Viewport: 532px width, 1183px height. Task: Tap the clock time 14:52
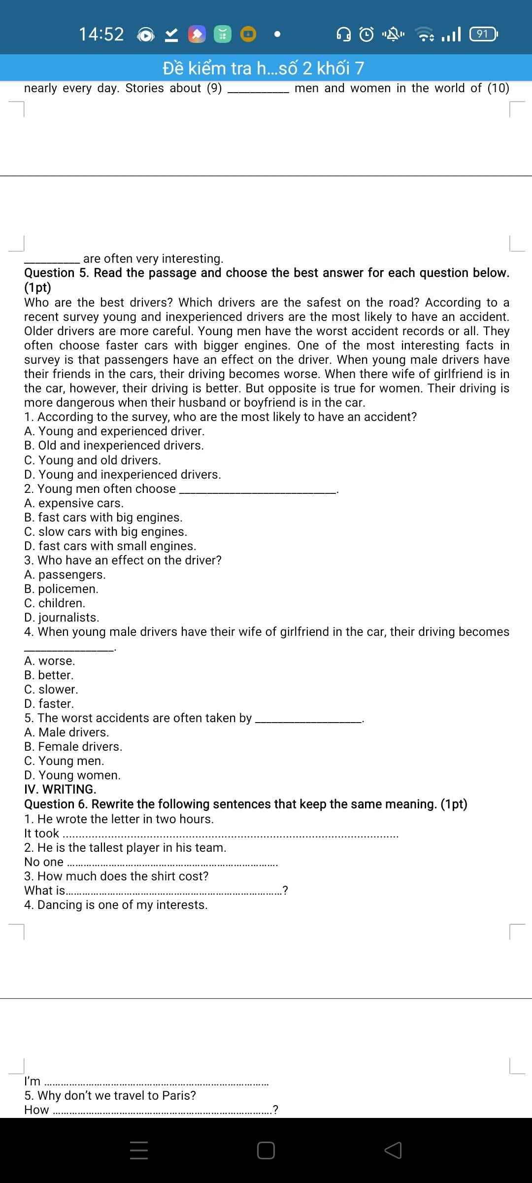coord(101,34)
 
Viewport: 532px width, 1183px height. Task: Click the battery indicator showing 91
coord(483,34)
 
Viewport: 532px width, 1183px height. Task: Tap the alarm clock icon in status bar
coord(366,34)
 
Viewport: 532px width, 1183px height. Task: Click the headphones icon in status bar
coord(343,34)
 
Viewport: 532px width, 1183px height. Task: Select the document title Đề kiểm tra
coord(264,68)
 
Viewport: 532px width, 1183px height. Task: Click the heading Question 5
coord(266,273)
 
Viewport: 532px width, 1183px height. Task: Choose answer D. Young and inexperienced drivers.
coord(123,475)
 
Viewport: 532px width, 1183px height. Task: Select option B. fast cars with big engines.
coord(103,518)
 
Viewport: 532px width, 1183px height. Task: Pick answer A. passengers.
coord(65,575)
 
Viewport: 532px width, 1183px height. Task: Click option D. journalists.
coord(62,618)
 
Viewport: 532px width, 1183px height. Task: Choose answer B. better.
coord(49,675)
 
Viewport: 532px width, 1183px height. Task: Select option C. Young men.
coord(64,761)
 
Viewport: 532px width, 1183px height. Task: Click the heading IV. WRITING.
coord(60,790)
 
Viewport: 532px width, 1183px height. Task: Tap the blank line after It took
coord(231,835)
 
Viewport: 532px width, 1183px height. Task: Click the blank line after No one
coord(172,864)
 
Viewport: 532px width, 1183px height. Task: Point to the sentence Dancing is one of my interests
coord(116,905)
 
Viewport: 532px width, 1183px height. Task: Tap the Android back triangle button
coord(393,1150)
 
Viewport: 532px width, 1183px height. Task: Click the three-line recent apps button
coord(139,1150)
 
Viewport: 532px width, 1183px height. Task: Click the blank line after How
coord(163,1111)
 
